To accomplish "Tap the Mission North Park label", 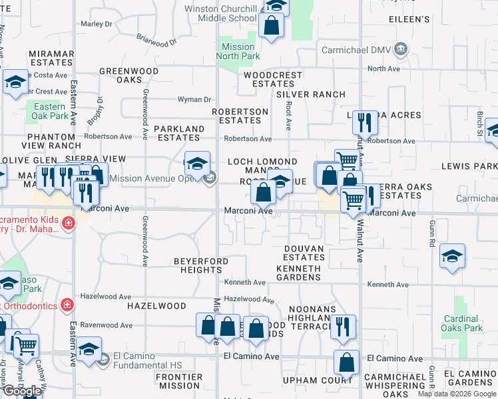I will [238, 51].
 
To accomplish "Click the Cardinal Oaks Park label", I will [463, 323].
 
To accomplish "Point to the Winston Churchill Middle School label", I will [212, 13].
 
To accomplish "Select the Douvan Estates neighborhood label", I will [304, 253].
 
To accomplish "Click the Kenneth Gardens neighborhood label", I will [298, 273].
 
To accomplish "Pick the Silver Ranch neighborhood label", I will [311, 94].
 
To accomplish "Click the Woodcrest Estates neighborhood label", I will [273, 79].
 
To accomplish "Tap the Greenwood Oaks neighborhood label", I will [129, 75].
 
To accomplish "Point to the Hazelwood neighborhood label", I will [158, 306].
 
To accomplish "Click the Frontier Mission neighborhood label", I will [178, 381].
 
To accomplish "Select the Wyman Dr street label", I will [194, 99].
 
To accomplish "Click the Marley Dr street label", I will [97, 23].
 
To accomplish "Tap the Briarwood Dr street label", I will [157, 41].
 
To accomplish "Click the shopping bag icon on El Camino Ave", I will [347, 363].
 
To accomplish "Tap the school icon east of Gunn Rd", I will [453, 257].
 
